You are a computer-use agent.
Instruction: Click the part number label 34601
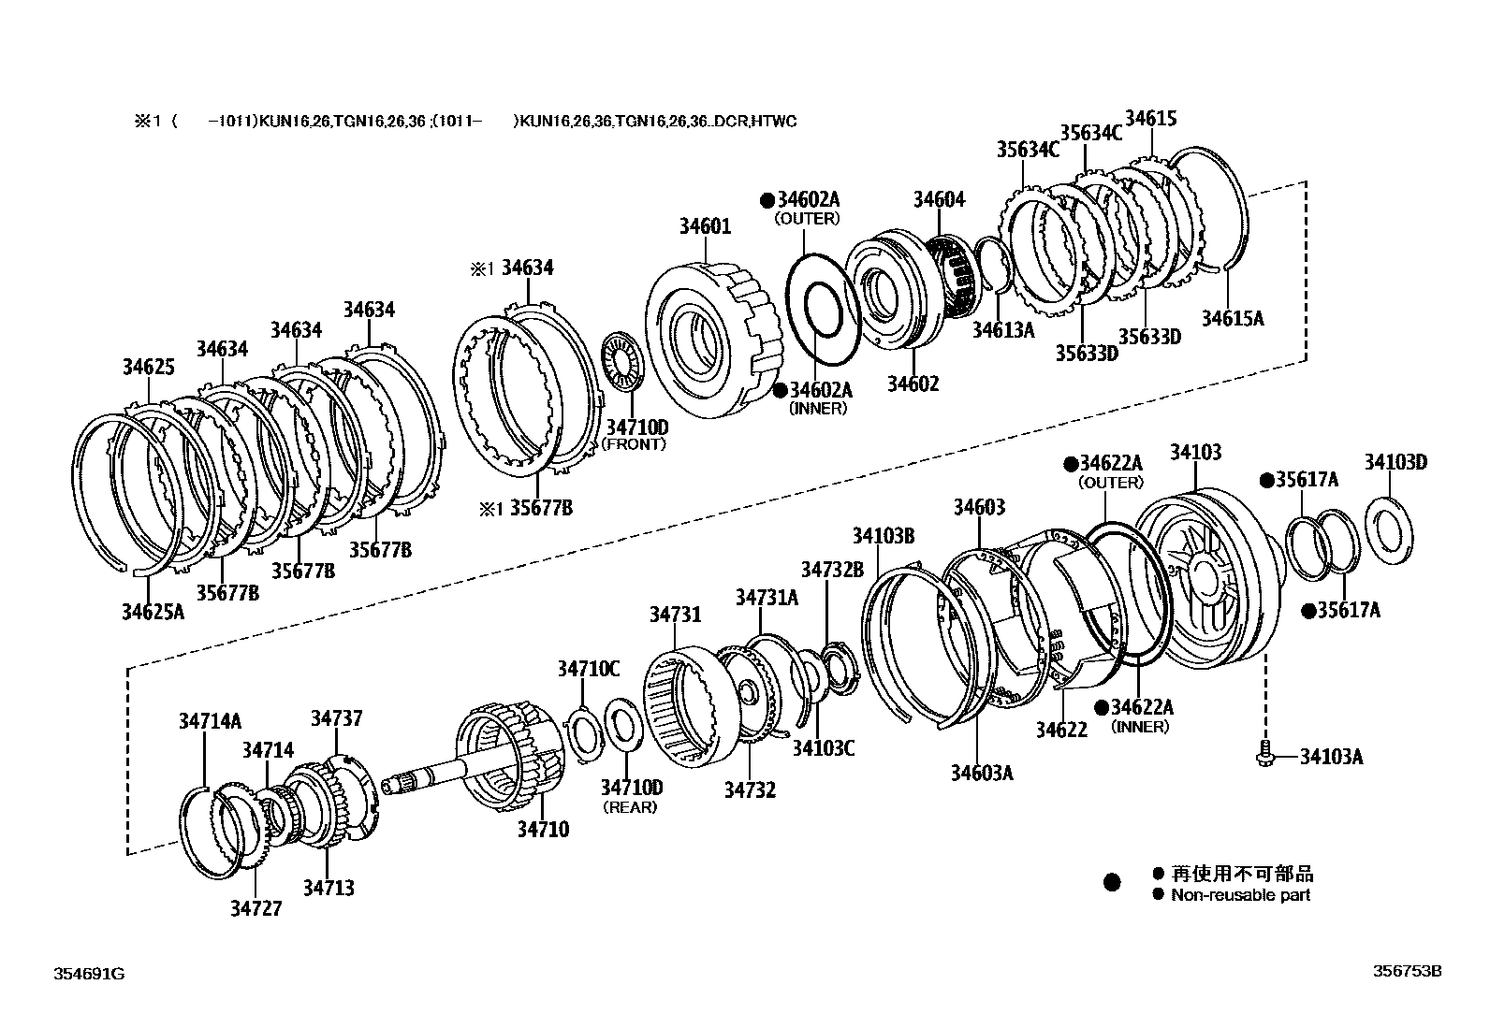click(705, 226)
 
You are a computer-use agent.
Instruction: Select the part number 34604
click(939, 199)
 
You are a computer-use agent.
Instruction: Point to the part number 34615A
click(1232, 318)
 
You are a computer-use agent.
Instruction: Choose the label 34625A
click(153, 612)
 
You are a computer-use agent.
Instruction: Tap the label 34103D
click(1395, 461)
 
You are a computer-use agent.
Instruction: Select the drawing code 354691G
click(88, 974)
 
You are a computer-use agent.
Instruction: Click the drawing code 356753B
click(1407, 971)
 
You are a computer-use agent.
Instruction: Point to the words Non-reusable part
click(1240, 895)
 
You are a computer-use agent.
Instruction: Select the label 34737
click(336, 718)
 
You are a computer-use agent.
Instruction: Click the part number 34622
click(1061, 728)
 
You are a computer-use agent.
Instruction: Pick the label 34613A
click(1002, 329)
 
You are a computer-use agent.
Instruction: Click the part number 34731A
click(767, 597)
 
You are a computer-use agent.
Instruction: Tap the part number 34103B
click(883, 535)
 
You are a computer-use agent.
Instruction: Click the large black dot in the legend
click(1112, 882)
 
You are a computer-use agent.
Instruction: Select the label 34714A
click(210, 720)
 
